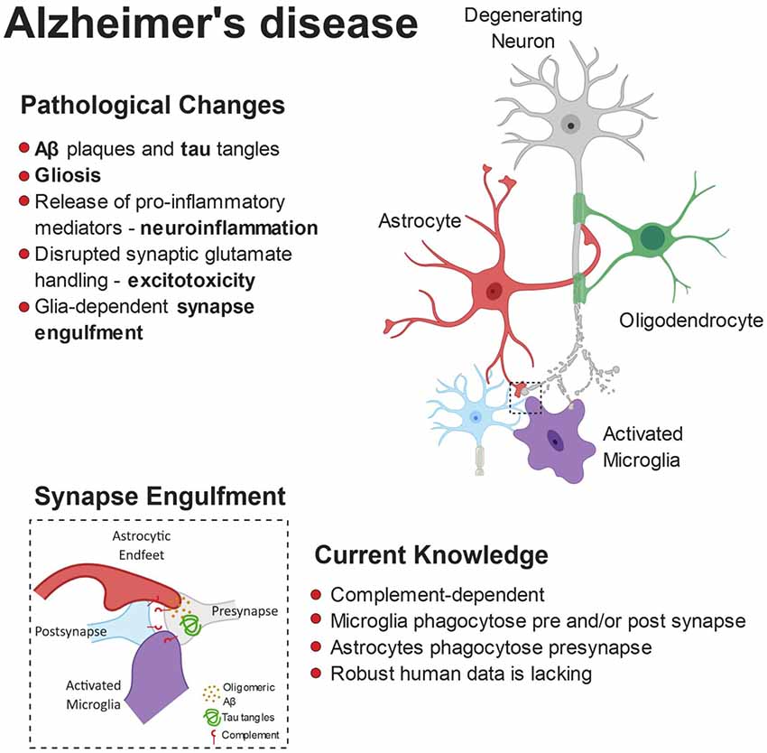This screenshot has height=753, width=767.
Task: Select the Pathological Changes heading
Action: click(x=152, y=106)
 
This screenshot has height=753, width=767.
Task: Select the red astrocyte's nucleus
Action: click(x=494, y=291)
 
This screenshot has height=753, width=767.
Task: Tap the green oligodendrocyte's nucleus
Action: click(x=651, y=237)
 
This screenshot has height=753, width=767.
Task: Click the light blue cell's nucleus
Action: click(x=474, y=417)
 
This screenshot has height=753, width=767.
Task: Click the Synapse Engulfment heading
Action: click(x=160, y=496)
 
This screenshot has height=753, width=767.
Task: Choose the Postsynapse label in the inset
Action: click(x=72, y=632)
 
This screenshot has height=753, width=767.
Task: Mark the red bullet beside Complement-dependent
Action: click(x=316, y=595)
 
